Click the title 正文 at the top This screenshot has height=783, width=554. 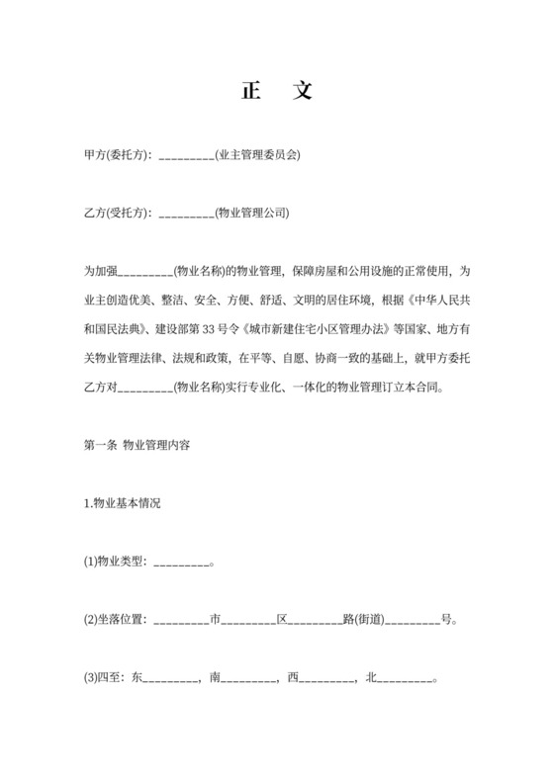pos(276,92)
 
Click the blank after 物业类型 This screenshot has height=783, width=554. pos(182,563)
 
